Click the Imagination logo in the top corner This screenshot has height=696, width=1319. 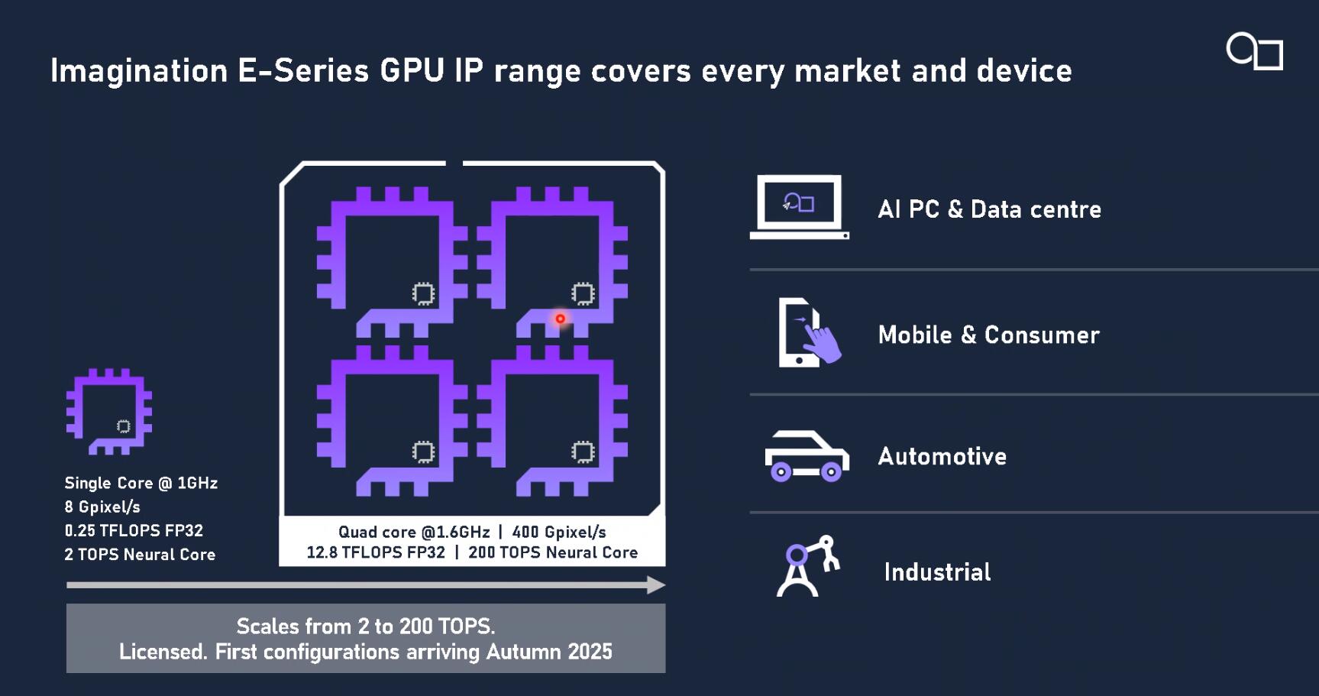pos(1255,52)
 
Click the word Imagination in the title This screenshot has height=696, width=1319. pos(140,71)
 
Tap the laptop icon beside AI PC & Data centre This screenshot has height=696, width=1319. pos(799,207)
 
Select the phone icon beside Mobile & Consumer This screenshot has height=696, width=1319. pos(809,332)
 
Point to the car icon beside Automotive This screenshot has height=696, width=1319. pos(807,456)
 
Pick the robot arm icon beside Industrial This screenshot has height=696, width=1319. pos(808,566)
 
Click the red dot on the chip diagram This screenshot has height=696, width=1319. pos(560,319)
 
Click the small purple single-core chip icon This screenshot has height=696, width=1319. pos(109,413)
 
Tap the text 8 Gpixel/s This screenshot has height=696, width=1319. pos(102,507)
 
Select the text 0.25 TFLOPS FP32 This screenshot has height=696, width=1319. pos(134,530)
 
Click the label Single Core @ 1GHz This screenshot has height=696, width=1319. pos(141,483)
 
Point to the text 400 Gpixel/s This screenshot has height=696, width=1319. pos(559,532)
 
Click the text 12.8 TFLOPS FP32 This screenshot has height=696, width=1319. pos(376,552)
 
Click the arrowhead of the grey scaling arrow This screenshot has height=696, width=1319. pos(656,585)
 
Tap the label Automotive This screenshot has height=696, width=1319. pos(942,456)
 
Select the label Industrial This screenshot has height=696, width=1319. pos(937,571)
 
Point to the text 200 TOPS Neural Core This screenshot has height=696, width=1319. pos(553,552)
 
